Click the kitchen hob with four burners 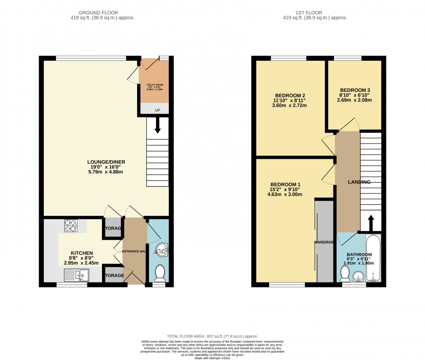[x=70, y=226]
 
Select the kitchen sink [x=76, y=274]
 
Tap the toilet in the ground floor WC [x=160, y=274]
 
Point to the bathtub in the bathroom [x=373, y=258]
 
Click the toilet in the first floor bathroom [x=345, y=273]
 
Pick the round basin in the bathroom [x=358, y=276]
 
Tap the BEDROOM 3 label [x=355, y=90]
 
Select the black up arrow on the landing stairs [x=371, y=223]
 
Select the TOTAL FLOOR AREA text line [x=212, y=337]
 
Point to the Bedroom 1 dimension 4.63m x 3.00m [x=284, y=194]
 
